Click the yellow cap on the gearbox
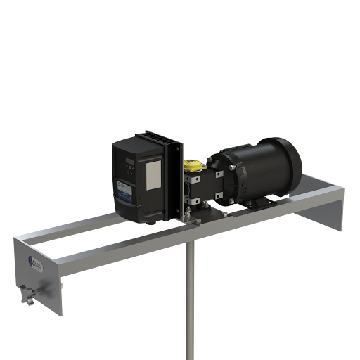pyautogui.click(x=189, y=167)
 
